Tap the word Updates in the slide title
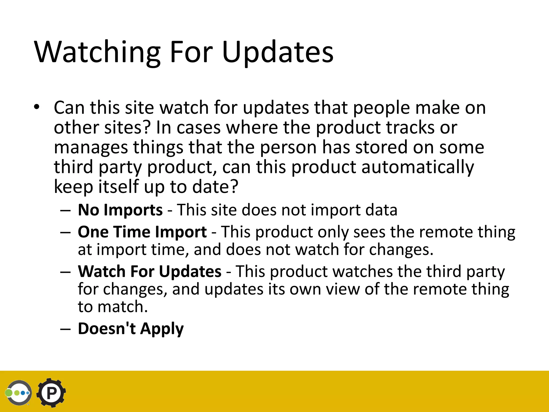278,52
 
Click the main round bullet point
36,107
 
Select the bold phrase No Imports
120,210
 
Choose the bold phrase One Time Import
142,232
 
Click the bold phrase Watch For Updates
150,271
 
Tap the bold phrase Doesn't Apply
131,328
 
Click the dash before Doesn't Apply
65,329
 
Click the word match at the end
122,307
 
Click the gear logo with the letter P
51,393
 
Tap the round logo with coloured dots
19,393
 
